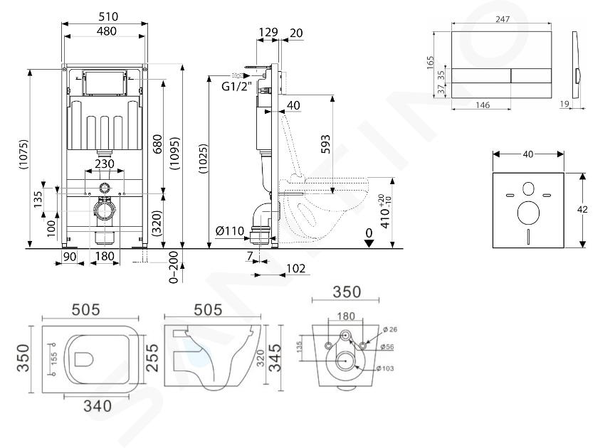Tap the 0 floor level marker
pos(368,233)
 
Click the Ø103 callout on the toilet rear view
pos(388,368)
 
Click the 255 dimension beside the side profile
pos(151,354)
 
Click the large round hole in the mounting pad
pos(529,213)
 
